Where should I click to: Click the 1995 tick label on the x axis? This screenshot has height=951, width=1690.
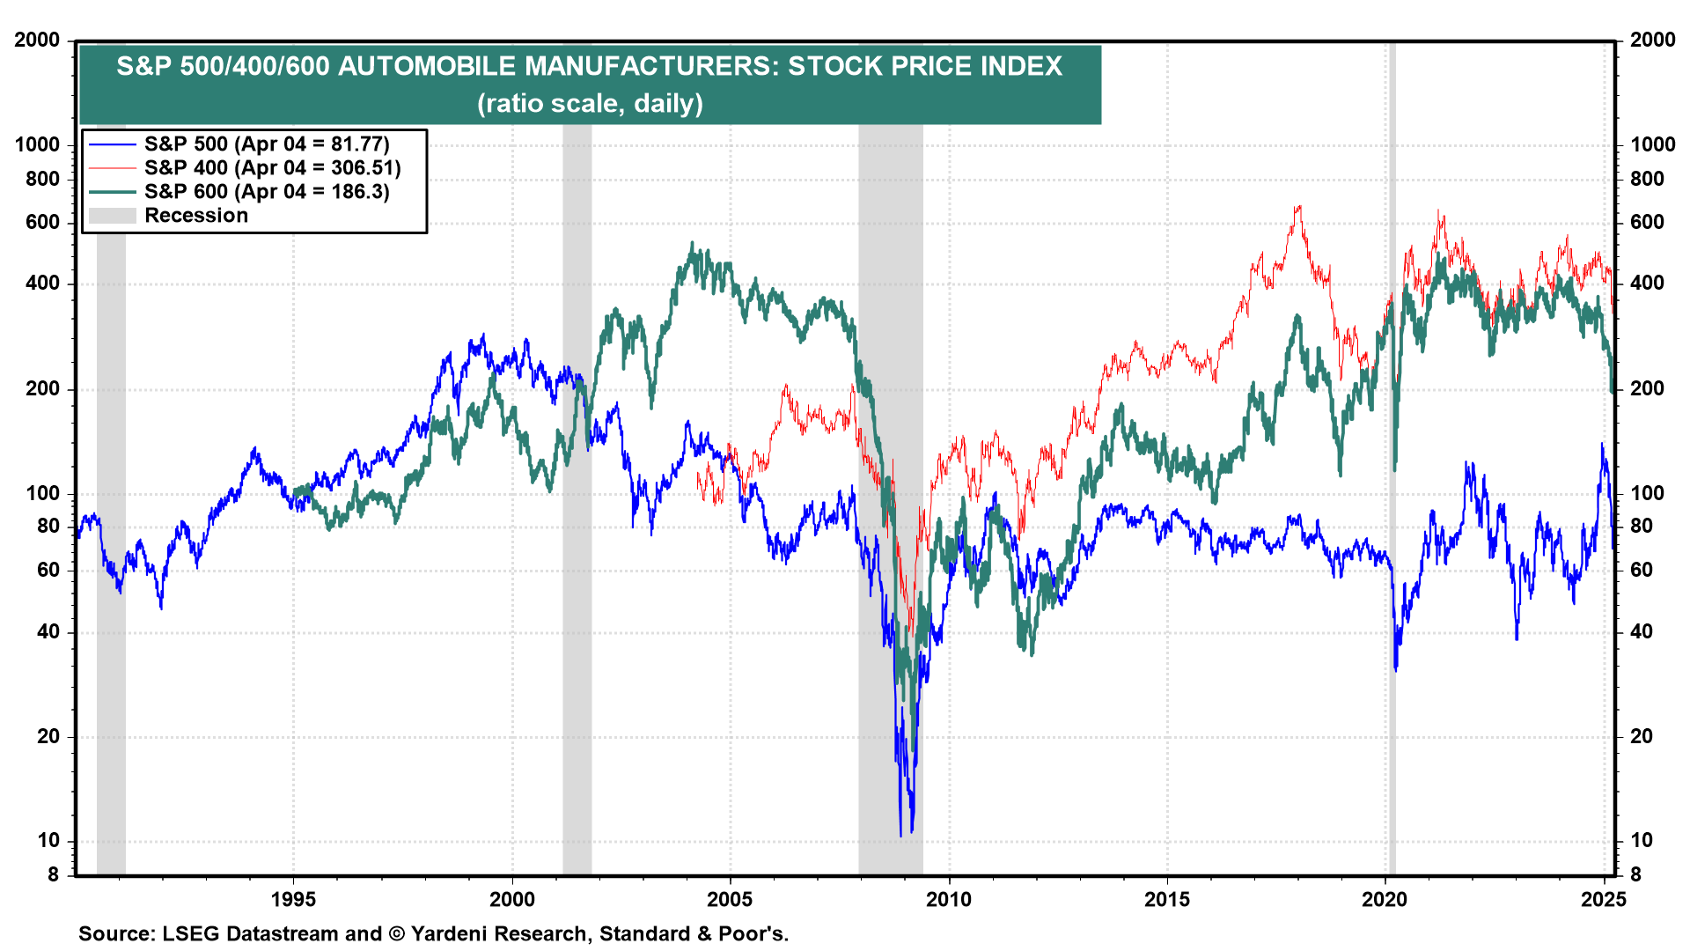tap(293, 899)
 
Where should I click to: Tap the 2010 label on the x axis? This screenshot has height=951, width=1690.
tap(949, 899)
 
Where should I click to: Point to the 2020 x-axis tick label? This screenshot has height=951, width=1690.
tap(1385, 899)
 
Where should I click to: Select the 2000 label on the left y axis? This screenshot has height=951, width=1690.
tap(37, 40)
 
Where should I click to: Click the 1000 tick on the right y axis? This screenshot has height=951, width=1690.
tap(1652, 144)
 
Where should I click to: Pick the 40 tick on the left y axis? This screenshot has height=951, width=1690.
tap(48, 631)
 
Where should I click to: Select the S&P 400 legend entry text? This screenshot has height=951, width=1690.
tap(272, 168)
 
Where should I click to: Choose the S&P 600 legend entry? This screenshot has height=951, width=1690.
tap(267, 192)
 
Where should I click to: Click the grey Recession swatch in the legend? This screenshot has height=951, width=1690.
tap(112, 216)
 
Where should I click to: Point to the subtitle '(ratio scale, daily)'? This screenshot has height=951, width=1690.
tap(590, 103)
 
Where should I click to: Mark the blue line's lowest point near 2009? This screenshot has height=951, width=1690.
tap(900, 836)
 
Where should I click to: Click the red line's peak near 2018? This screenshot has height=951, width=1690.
tap(1297, 208)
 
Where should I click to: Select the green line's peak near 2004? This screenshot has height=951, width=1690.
tap(692, 244)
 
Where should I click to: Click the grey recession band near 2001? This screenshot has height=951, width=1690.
tap(577, 528)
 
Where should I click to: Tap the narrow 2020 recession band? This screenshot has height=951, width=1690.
tap(1392, 528)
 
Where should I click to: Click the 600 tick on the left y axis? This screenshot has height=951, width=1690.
tap(42, 222)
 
